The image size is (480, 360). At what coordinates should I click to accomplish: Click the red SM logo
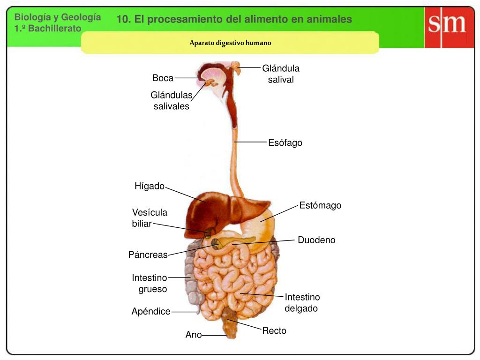coord(449,27)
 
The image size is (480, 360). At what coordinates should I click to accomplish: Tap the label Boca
coord(163,78)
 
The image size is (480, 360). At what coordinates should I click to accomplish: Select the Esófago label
coord(285,142)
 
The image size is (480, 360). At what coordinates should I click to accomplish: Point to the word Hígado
coord(150,186)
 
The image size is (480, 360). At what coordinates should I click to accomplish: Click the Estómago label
coord(320,205)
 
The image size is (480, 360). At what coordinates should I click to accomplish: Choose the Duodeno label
coord(316,240)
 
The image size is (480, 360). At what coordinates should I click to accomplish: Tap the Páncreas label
coord(148,255)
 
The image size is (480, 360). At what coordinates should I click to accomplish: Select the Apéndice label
coord(151,311)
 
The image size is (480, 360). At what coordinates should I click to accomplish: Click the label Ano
coord(194,335)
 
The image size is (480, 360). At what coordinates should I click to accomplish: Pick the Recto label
coord(274,330)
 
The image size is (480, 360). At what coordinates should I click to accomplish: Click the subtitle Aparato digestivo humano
coord(230,43)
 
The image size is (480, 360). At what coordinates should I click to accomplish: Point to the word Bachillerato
coord(55,29)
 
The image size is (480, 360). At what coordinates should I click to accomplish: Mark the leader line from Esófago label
coord(250,142)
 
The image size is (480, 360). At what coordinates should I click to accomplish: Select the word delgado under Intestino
coord(301,308)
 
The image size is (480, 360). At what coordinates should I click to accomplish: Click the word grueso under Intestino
coord(153,289)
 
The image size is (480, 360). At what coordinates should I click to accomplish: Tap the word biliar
coord(142,224)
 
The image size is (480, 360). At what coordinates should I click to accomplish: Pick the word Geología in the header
coord(81,17)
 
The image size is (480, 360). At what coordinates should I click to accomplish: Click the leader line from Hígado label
coord(186,195)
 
